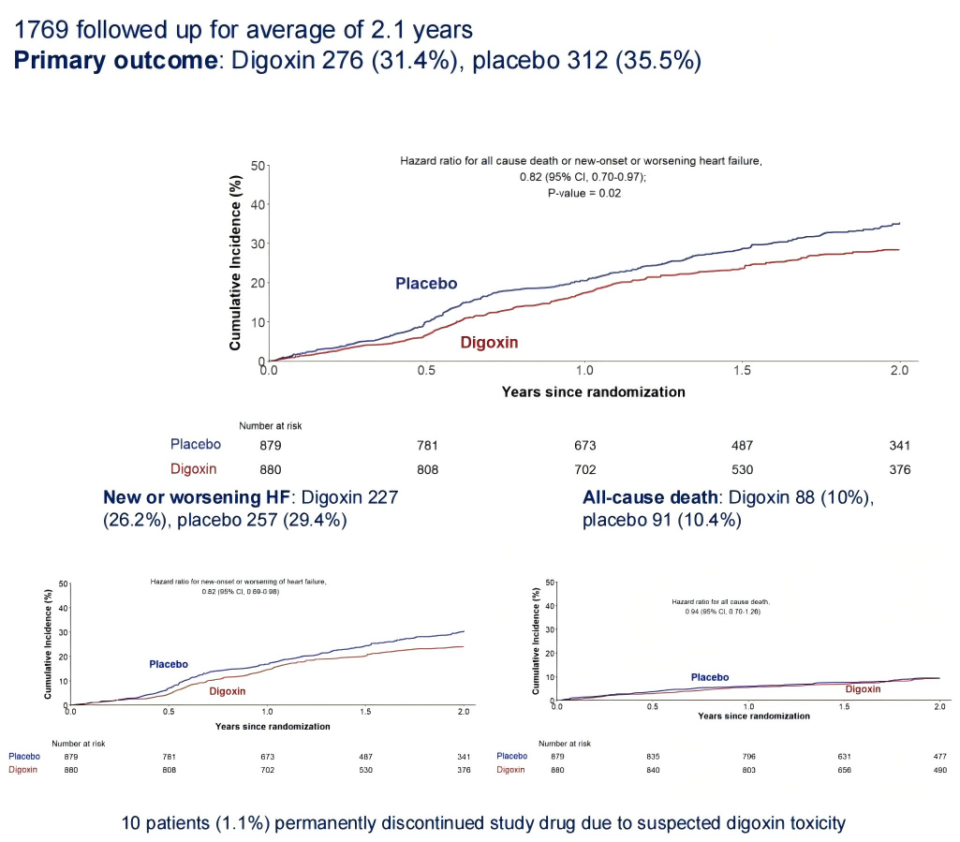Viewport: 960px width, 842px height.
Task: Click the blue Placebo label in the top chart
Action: click(426, 283)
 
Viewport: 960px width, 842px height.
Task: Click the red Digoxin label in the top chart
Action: click(489, 343)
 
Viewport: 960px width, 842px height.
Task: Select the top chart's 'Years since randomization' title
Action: click(593, 391)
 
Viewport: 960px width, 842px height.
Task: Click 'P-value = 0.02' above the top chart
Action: click(583, 193)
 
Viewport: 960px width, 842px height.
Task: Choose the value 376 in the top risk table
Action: click(899, 469)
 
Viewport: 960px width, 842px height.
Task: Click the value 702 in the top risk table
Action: click(585, 469)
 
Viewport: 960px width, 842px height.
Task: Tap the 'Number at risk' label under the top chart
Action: click(271, 426)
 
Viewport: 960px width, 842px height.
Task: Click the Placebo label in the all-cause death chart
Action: click(709, 676)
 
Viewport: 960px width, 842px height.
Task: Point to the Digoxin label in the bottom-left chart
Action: click(227, 691)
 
